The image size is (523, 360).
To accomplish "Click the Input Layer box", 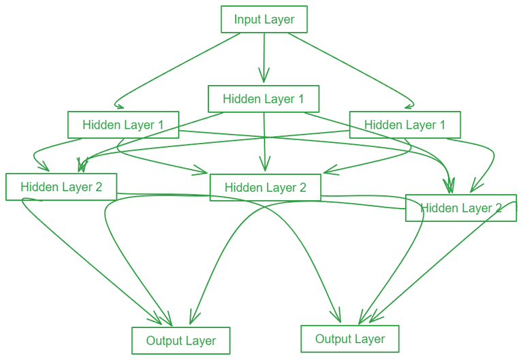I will pyautogui.click(x=264, y=19).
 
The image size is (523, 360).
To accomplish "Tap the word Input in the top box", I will pyautogui.click(x=247, y=20).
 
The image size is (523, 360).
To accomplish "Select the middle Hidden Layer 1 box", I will pyautogui.click(x=264, y=99).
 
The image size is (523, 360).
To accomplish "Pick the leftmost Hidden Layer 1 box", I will pyautogui.click(x=123, y=125).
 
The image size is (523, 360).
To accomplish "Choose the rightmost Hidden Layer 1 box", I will pyautogui.click(x=405, y=125).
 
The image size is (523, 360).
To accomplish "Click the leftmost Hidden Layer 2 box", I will pyautogui.click(x=61, y=186).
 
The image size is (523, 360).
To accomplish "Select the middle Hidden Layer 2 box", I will pyautogui.click(x=265, y=187).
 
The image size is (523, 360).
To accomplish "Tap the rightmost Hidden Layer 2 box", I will pyautogui.click(x=460, y=208).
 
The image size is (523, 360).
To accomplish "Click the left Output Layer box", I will pyautogui.click(x=180, y=340).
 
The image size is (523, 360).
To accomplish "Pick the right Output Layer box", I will pyautogui.click(x=350, y=338).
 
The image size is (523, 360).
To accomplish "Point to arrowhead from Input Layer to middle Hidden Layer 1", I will pyautogui.click(x=264, y=77).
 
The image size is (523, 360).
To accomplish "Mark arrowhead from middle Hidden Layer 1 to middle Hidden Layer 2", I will pyautogui.click(x=264, y=165).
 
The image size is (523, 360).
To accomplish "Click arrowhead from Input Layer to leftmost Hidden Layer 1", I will pyautogui.click(x=118, y=105).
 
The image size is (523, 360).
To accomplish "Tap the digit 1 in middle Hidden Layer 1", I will pyautogui.click(x=300, y=99).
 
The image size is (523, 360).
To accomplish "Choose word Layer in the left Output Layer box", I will pyautogui.click(x=200, y=341).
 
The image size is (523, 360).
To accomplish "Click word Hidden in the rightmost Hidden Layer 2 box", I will pyautogui.click(x=437, y=208).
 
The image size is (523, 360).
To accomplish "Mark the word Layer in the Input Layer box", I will pyautogui.click(x=279, y=20).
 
